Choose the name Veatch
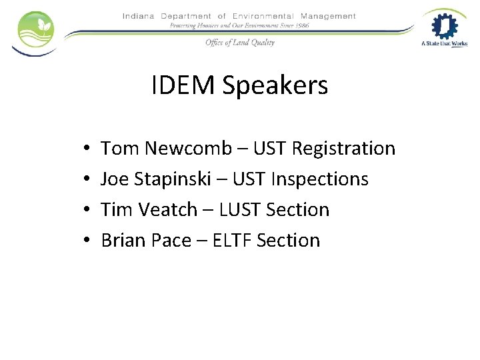(167, 209)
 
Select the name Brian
(123, 240)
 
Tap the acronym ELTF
(231, 240)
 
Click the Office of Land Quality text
(239, 42)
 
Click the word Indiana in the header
(139, 16)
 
